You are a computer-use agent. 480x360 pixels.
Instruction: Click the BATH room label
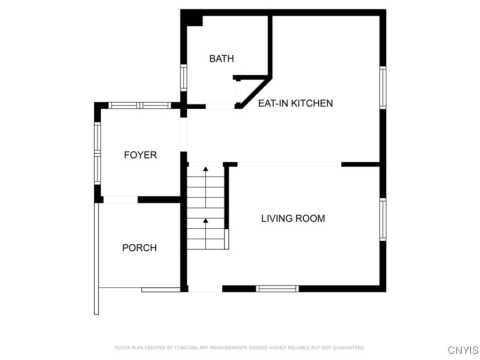222,59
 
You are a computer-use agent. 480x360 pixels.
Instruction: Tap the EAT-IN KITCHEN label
295,103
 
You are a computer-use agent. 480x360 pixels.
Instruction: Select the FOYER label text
141,155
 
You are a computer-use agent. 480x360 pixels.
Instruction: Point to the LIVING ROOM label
293,218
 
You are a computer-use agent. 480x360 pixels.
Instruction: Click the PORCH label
139,247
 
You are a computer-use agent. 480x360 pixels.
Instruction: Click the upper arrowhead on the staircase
206,169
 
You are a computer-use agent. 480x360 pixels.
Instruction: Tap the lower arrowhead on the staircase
206,220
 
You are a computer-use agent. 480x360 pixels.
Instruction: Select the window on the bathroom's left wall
183,78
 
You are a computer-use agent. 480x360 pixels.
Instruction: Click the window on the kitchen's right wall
382,88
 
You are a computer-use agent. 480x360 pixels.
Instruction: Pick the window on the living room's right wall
382,219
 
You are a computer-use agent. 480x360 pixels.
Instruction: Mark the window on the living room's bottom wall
277,288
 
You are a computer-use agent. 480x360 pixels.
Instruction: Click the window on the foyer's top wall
140,105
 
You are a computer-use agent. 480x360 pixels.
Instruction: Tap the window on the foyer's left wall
97,153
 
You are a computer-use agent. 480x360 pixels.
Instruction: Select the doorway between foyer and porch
120,200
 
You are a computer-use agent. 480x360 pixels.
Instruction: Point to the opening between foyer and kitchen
183,135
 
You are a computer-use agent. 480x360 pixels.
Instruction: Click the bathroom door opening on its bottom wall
220,106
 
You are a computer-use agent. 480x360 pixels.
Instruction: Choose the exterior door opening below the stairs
205,289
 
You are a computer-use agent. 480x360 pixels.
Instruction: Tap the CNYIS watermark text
463,350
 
